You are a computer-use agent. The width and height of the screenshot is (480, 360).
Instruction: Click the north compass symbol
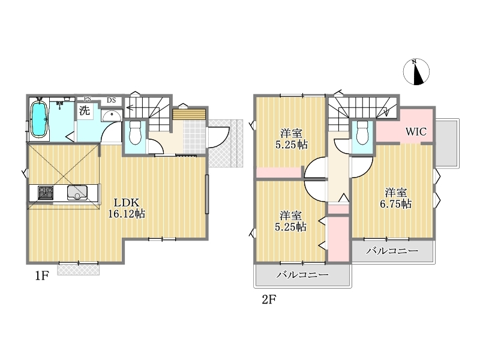tap(416, 71)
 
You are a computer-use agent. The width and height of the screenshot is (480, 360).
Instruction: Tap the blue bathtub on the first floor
tap(38, 119)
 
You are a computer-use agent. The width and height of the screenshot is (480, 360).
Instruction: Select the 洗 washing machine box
tap(85, 110)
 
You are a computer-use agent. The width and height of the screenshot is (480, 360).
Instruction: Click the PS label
tap(88, 99)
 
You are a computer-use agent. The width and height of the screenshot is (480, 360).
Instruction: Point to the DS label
tap(111, 100)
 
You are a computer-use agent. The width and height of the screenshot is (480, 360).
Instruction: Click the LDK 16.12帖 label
tap(127, 208)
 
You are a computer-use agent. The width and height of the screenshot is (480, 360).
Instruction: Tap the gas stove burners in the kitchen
tap(46, 193)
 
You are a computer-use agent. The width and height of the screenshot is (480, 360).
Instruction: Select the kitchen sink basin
tap(77, 193)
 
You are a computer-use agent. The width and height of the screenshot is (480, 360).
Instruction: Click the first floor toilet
tap(134, 133)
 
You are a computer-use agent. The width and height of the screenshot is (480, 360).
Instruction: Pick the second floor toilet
tap(362, 133)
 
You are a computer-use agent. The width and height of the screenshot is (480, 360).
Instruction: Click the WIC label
tap(416, 131)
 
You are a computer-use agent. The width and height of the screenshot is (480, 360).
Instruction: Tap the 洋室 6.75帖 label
tap(396, 199)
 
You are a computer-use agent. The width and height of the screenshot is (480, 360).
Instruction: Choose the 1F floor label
tap(41, 276)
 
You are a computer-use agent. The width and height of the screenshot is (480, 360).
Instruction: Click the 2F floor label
tap(269, 299)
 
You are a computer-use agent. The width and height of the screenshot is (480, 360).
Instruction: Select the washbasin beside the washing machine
tap(112, 116)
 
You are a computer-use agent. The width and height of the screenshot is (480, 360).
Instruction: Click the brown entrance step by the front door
tap(188, 114)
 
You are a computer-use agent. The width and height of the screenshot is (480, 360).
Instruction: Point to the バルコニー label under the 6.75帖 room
tap(392, 251)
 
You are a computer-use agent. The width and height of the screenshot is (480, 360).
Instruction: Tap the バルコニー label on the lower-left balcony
tap(302, 275)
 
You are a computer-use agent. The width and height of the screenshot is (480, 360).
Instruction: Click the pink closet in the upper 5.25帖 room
tap(278, 172)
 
